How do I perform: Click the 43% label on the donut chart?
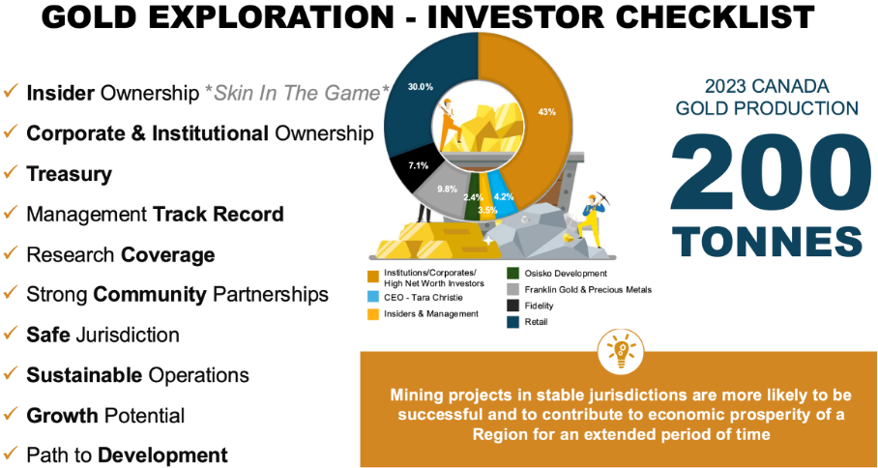click(x=546, y=112)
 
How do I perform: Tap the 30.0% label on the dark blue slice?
click(x=421, y=87)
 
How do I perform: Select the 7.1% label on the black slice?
click(x=419, y=165)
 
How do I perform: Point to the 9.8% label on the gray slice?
click(x=447, y=189)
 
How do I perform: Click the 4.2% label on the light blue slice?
click(x=504, y=196)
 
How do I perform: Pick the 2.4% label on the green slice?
click(x=473, y=197)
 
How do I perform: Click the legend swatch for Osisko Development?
click(x=512, y=274)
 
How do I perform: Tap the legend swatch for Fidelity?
click(x=512, y=306)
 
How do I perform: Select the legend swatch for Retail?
click(x=512, y=322)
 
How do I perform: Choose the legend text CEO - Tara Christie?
click(x=417, y=298)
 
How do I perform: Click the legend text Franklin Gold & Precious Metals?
click(x=589, y=290)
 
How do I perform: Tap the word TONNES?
click(x=767, y=242)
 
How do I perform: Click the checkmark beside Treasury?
click(x=11, y=172)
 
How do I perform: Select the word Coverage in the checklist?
click(x=168, y=255)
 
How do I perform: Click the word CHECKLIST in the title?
click(x=678, y=16)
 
